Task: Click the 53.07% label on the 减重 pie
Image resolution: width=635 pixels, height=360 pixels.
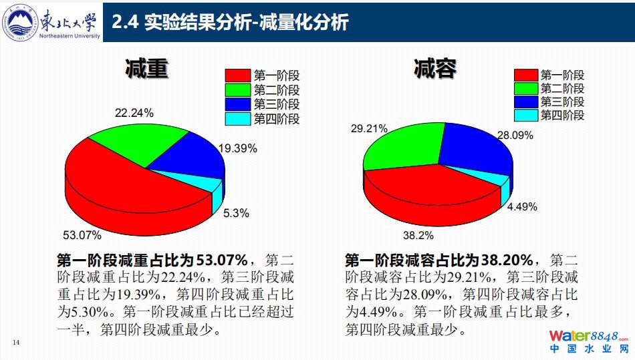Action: pos(82,234)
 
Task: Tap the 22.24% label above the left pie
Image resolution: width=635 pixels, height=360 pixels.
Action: pos(134,113)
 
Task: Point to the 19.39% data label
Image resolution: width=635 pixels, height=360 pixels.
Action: pos(237,149)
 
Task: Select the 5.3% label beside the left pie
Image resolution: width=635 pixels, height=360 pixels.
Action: pos(236,213)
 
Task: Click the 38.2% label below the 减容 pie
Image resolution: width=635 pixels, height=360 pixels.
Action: pos(418,235)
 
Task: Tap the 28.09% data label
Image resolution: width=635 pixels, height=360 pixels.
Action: pos(514,135)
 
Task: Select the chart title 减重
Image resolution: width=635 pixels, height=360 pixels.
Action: pos(146,69)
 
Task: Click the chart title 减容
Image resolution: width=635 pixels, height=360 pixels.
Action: pos(435,69)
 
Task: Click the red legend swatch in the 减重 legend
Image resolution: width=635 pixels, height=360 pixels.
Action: pos(237,75)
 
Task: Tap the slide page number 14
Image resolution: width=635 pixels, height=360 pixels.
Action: pos(17,343)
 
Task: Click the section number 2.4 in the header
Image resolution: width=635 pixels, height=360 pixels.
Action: pos(125,22)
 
